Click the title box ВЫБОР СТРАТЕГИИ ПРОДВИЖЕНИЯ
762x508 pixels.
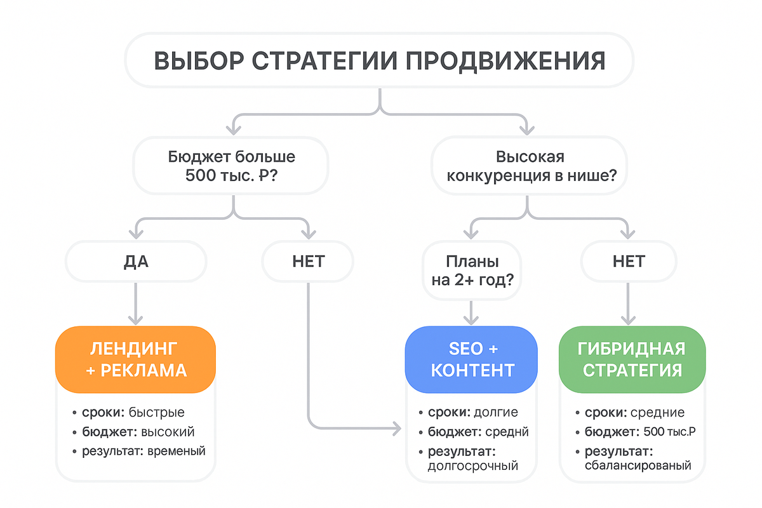click(x=379, y=60)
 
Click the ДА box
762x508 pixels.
click(x=136, y=261)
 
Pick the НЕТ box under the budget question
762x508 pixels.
click(x=308, y=261)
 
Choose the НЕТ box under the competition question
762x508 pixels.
click(x=629, y=261)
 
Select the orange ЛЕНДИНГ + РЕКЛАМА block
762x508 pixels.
click(x=136, y=359)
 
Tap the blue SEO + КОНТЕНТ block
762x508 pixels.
click(x=472, y=359)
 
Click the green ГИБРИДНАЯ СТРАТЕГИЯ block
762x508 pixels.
click(x=632, y=359)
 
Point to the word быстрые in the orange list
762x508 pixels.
click(x=156, y=412)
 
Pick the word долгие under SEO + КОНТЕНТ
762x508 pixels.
click(x=495, y=412)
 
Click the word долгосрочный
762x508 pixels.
click(x=473, y=466)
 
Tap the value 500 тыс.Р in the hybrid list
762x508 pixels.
click(x=665, y=432)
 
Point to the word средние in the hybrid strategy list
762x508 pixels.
click(x=657, y=412)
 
